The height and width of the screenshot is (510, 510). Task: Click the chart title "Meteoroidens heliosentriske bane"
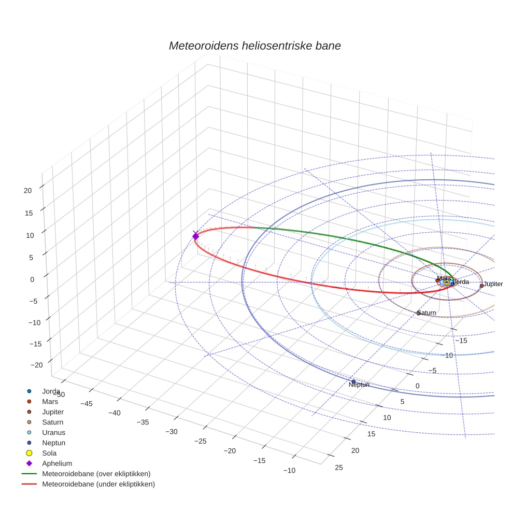(x=254, y=46)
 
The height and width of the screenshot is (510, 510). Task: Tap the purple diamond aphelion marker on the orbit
(x=195, y=236)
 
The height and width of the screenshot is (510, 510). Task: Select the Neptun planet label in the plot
(x=359, y=385)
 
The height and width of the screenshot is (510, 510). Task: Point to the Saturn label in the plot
(x=427, y=313)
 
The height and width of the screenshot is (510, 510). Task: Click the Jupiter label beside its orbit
(x=493, y=284)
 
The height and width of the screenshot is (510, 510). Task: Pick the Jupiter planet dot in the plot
(x=481, y=286)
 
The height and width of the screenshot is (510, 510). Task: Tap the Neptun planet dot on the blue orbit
(x=353, y=381)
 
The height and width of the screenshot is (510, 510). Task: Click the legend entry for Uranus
(x=53, y=432)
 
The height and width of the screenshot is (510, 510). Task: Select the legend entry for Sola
(x=50, y=453)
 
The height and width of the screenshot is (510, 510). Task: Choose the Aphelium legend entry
(x=56, y=463)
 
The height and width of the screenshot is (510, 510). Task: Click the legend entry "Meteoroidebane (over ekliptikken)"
(x=96, y=474)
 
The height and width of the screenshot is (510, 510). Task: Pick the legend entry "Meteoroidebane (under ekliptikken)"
(x=98, y=484)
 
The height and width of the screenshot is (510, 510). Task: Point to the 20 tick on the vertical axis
(x=27, y=190)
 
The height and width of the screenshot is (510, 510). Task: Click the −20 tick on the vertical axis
(x=36, y=365)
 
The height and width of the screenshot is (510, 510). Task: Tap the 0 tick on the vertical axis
(x=32, y=279)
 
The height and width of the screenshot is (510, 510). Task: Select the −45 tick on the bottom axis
(x=87, y=403)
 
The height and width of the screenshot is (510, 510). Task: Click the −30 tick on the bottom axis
(x=171, y=432)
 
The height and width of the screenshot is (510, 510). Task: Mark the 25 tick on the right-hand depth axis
(x=339, y=467)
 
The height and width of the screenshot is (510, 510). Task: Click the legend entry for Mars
(x=50, y=401)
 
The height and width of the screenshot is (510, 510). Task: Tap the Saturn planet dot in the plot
(x=418, y=313)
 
